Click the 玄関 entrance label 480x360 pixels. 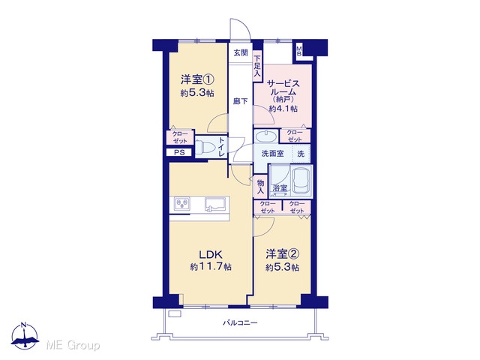pos(241,52)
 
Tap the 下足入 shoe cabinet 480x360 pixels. pos(257,66)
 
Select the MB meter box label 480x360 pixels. pos(299,50)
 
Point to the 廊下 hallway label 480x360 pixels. pos(240,101)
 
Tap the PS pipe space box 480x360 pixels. pos(179,152)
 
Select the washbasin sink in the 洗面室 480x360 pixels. pos(265,136)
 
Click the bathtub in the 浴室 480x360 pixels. pos(301,181)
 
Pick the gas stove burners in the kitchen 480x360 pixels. pos(182,203)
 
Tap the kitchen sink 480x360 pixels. pos(217,204)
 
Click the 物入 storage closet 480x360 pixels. pos(260,187)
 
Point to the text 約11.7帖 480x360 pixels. pos(211,267)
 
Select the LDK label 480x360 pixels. pos(210,255)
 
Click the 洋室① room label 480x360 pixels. pos(197,80)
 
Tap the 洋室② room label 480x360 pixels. pos(282,254)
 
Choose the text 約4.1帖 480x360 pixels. pos(283,109)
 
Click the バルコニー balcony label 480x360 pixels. pos(240,322)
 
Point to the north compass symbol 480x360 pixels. pos(25,336)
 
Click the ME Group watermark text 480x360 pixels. pos(73,346)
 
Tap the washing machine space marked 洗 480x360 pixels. pos(301,154)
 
